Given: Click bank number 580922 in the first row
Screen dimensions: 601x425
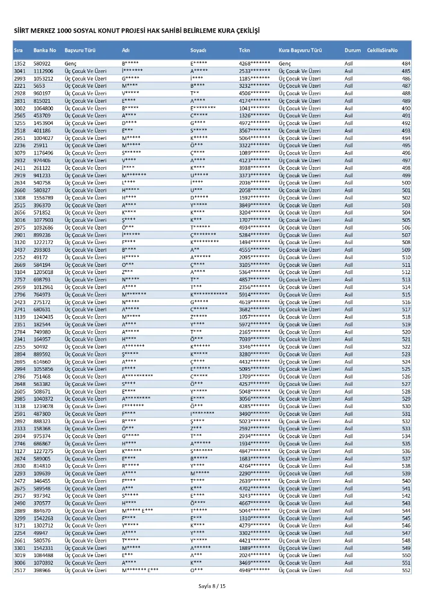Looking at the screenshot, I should pos(42,64).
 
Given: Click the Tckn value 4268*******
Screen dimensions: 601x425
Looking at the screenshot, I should pos(254,64).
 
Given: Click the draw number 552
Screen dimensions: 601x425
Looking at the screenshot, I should pos(406,570).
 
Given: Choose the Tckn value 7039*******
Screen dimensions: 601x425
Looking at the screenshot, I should pos(254,339).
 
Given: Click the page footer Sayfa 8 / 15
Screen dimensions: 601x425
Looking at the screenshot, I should pos(213,586).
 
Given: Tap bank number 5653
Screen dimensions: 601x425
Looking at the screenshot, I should pos(40,86).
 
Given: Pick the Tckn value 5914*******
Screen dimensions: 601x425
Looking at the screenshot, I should pos(254,294).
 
